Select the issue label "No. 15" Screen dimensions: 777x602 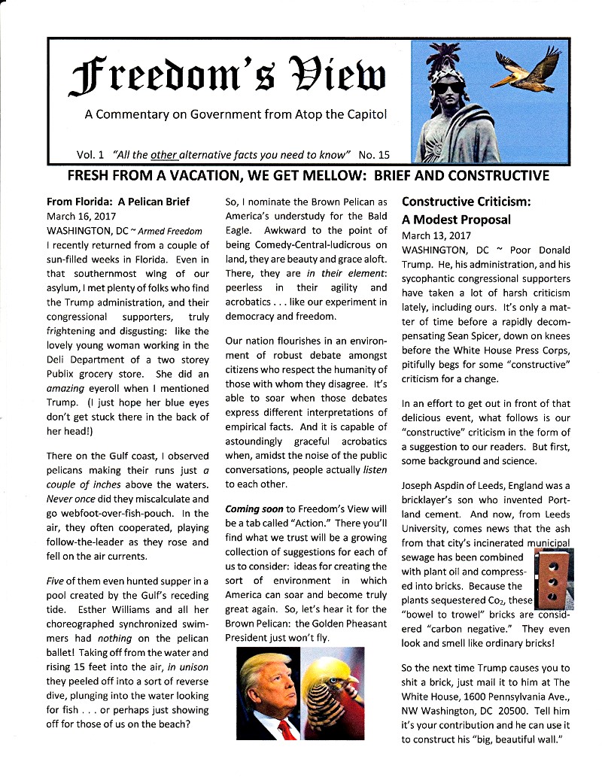point(374,156)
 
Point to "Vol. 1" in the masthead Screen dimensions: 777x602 point(91,156)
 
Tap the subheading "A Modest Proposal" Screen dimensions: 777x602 point(456,220)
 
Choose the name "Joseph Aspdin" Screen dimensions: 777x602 point(437,485)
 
